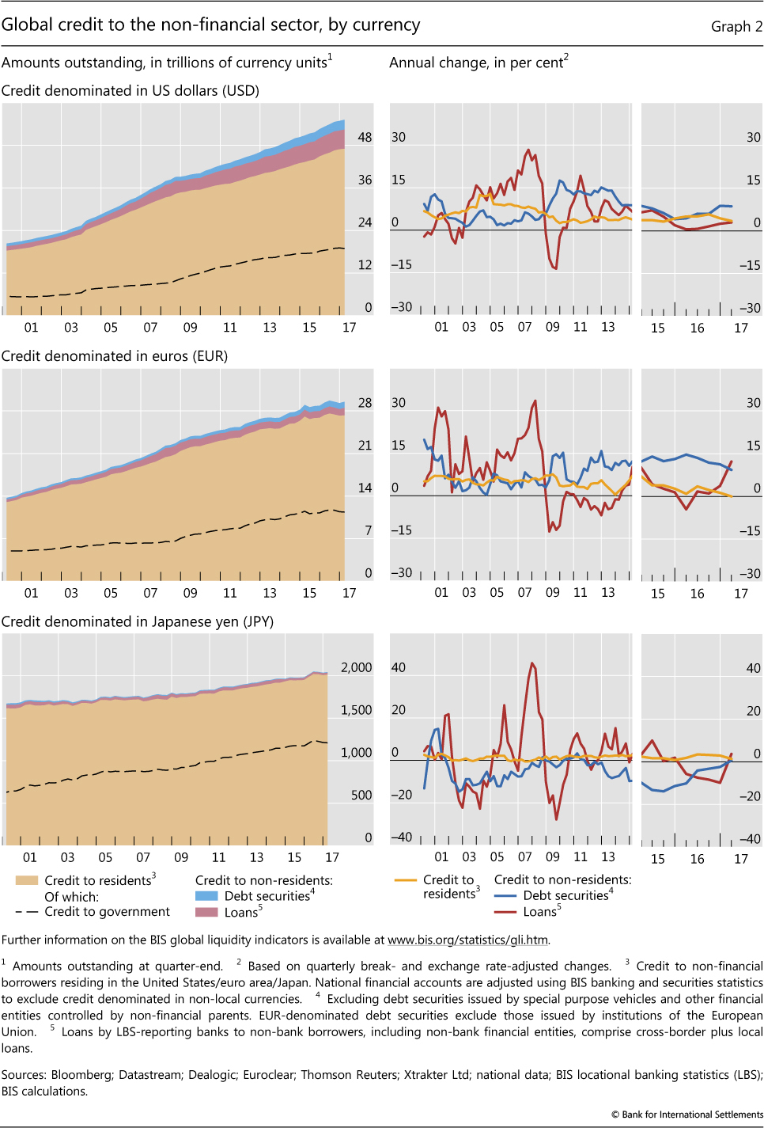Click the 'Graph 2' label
(736, 27)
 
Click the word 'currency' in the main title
(386, 25)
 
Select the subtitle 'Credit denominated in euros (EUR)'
(115, 356)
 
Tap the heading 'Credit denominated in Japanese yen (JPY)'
(138, 621)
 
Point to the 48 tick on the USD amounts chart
(365, 137)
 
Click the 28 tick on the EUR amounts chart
(365, 403)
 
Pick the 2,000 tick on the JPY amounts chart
(356, 667)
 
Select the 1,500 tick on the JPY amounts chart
(356, 710)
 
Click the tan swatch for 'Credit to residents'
(27, 880)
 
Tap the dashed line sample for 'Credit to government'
(27, 912)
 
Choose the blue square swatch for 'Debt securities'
(206, 896)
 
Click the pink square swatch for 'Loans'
(206, 912)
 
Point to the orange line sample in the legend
(405, 879)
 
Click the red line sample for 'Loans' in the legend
(505, 912)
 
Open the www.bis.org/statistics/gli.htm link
(467, 940)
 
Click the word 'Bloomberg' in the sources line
(81, 1075)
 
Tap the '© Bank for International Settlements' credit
(686, 1115)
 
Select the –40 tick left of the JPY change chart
(402, 837)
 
